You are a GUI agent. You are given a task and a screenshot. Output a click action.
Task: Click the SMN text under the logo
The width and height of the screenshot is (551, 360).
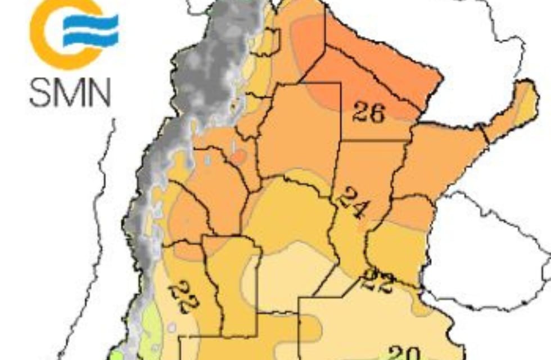(x=70, y=93)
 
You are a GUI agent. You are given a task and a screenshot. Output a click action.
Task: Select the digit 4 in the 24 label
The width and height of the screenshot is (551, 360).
(x=358, y=209)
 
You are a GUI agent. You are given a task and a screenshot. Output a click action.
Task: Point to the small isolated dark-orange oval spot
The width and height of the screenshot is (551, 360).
(x=239, y=156)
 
